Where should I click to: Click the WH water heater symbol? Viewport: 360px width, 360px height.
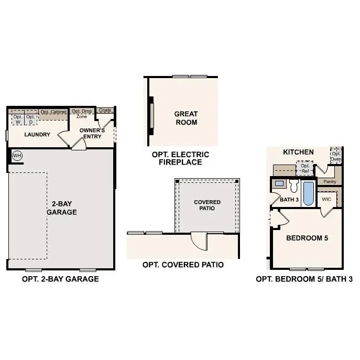pyautogui.click(x=17, y=156)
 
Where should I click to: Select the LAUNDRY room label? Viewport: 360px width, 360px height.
pyautogui.click(x=37, y=135)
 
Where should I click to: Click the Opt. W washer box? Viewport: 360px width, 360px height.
pyautogui.click(x=18, y=119)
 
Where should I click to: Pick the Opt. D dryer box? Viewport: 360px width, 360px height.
pyautogui.click(x=31, y=119)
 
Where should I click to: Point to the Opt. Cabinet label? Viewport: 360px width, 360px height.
pyautogui.click(x=53, y=112)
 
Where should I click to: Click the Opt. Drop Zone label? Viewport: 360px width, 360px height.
pyautogui.click(x=81, y=114)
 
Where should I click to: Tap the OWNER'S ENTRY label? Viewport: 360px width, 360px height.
pyautogui.click(x=92, y=133)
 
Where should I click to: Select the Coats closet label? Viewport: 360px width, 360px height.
pyautogui.click(x=105, y=111)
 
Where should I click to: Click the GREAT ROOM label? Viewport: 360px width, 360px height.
pyautogui.click(x=186, y=118)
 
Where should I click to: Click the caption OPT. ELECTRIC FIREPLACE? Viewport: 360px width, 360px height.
pyautogui.click(x=180, y=158)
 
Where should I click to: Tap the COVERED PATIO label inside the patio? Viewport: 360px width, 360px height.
pyautogui.click(x=207, y=205)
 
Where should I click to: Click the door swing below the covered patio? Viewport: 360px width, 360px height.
pyautogui.click(x=199, y=242)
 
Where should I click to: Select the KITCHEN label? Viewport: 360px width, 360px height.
pyautogui.click(x=298, y=152)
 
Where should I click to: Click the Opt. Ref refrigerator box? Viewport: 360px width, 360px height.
pyautogui.click(x=304, y=168)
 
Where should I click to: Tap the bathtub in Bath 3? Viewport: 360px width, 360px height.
pyautogui.click(x=308, y=193)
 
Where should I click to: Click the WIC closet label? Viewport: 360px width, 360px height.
pyautogui.click(x=326, y=199)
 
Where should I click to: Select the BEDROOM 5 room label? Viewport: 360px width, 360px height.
pyautogui.click(x=307, y=238)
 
